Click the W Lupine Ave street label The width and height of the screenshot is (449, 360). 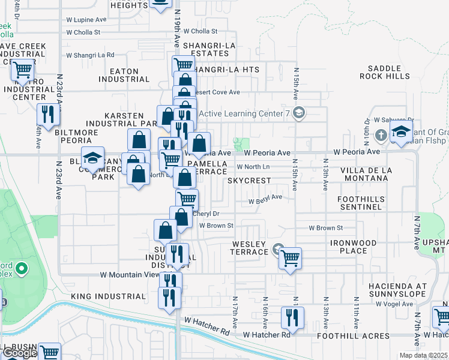(86, 19)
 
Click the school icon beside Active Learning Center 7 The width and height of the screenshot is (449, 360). (300, 113)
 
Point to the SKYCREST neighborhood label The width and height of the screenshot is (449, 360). (249, 181)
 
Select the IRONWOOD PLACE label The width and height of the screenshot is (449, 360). (353, 247)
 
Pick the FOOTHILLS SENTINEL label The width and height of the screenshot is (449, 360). (360, 202)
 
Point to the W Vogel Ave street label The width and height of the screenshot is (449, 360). (393, 304)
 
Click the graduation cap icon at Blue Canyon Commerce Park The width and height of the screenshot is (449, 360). (92, 158)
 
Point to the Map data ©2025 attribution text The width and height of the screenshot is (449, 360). (423, 356)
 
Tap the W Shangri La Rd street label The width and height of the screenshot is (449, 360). (90, 55)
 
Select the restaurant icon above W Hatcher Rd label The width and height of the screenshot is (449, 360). (292, 318)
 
